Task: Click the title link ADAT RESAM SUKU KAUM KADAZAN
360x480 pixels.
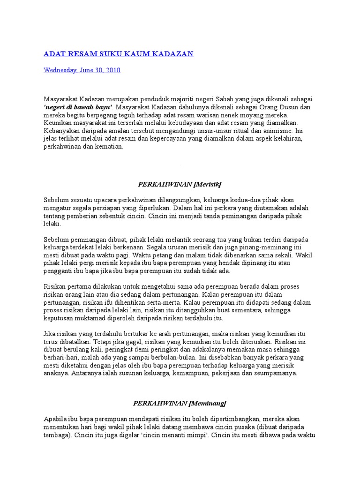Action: click(x=118, y=54)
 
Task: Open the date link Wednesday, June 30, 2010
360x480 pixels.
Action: click(x=82, y=70)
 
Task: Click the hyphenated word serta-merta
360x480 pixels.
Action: click(x=161, y=302)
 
